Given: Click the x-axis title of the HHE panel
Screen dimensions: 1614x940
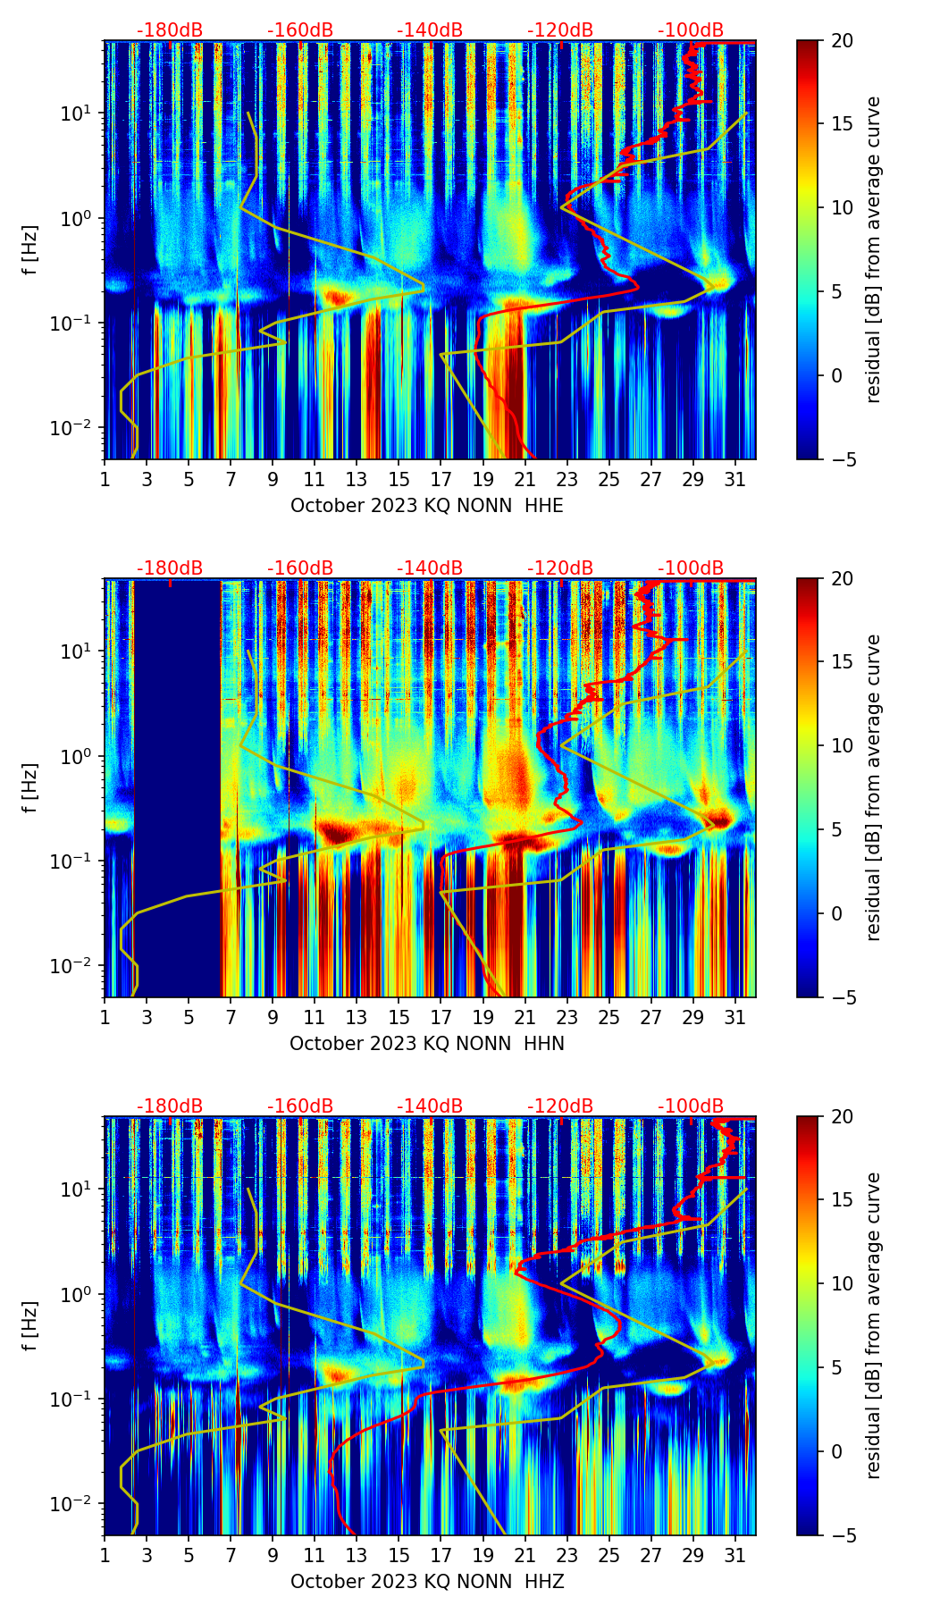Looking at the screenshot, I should (427, 506).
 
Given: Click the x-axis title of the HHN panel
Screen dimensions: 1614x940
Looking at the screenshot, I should (427, 1044).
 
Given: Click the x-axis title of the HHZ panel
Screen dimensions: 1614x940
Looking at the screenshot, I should (427, 1582).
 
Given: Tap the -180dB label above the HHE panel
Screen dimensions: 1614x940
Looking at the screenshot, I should (170, 30).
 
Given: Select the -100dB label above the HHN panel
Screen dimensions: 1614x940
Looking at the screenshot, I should (691, 568).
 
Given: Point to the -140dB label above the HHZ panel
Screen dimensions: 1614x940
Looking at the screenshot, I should (430, 1106).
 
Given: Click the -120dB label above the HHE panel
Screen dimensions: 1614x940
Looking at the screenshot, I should (560, 30).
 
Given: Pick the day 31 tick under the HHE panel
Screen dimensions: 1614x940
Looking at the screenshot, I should (734, 479).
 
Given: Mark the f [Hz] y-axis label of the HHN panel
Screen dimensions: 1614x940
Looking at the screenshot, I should (30, 787).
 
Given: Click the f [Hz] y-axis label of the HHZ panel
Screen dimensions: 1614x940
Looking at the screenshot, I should (30, 1325).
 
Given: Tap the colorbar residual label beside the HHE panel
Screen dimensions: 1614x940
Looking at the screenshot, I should (873, 249).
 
